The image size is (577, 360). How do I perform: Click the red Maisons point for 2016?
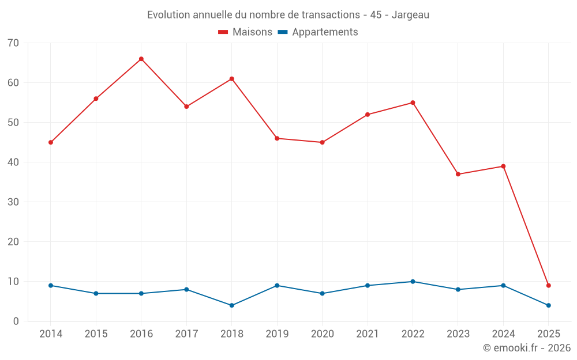[141, 59]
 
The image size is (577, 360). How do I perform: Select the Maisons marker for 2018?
[232, 79]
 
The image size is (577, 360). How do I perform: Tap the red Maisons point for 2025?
[549, 286]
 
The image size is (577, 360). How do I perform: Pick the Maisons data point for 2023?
[458, 174]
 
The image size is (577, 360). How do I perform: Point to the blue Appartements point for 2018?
[232, 305]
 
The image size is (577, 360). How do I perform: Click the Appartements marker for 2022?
[413, 282]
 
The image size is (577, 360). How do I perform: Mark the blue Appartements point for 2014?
[51, 286]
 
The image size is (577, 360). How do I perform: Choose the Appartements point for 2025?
[549, 305]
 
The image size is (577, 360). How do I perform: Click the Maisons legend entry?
[245, 32]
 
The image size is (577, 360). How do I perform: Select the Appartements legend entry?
[318, 32]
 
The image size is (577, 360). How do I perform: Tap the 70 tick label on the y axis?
[13, 43]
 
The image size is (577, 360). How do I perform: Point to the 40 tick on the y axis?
[13, 162]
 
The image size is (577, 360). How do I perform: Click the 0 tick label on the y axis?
[16, 321]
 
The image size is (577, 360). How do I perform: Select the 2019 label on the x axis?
[277, 334]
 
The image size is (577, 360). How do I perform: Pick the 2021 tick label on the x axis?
[368, 334]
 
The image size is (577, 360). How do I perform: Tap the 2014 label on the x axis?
[51, 334]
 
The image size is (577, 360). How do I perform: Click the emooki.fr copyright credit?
[527, 348]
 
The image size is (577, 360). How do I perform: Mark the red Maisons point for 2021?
[368, 115]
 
